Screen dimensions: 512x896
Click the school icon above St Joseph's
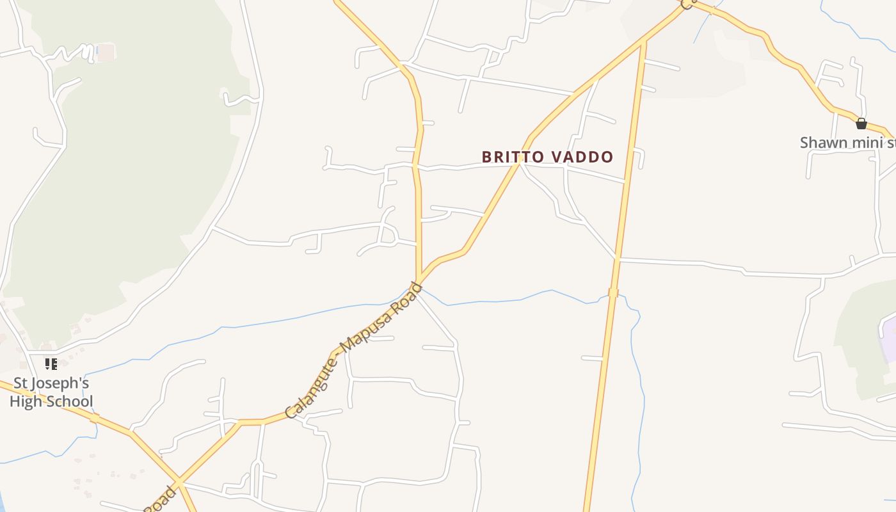point(51,364)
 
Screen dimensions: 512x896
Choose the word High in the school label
point(26,401)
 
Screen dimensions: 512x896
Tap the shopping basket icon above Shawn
point(861,124)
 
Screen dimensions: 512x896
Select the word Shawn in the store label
point(824,142)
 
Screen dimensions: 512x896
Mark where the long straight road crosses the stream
point(613,293)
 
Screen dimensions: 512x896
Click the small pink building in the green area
point(106,52)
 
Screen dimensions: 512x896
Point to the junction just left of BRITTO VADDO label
point(519,163)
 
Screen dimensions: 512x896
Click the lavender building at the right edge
point(888,336)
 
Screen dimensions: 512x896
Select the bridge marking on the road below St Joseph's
point(94,418)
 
